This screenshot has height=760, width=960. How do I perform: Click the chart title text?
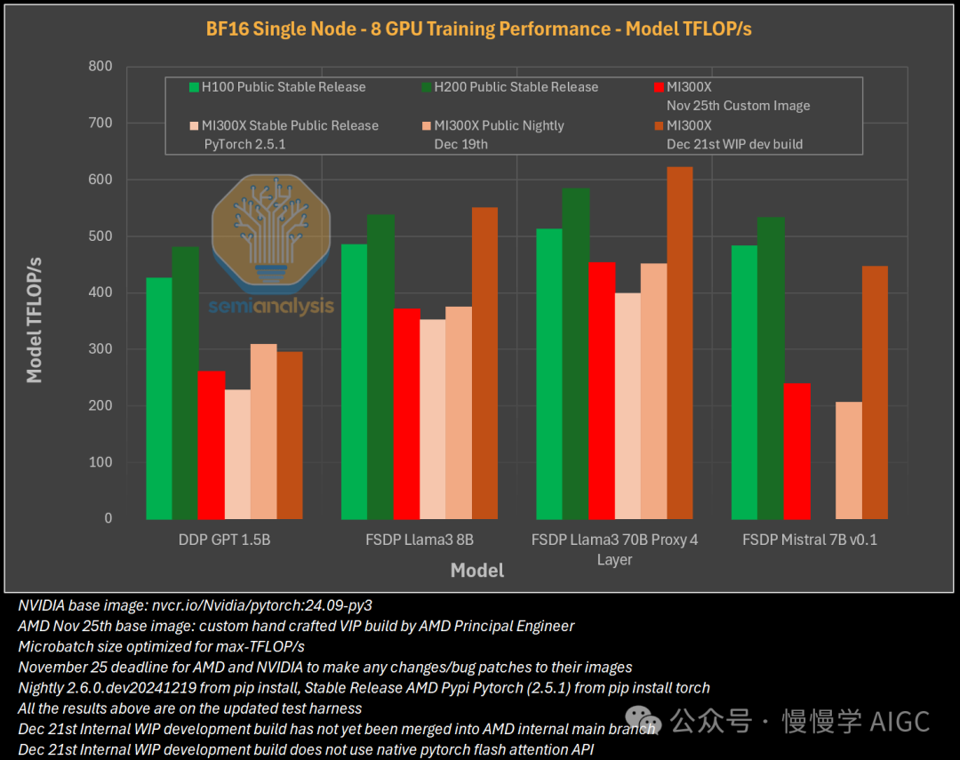point(479,28)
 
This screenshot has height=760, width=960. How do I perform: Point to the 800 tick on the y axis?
point(100,66)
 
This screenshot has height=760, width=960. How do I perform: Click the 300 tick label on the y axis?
point(100,349)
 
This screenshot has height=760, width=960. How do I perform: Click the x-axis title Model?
point(477,571)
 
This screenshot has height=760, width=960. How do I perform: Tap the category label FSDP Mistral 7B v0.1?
point(810,540)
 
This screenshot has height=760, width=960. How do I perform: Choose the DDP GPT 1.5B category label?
point(224,540)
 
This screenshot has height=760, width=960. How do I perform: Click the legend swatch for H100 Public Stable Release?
point(194,87)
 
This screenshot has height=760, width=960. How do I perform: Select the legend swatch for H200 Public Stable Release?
point(427,87)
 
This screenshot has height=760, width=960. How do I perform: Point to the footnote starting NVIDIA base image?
point(195,605)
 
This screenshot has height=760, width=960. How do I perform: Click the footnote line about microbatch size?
point(161,646)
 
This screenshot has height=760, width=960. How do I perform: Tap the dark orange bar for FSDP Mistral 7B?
point(876,392)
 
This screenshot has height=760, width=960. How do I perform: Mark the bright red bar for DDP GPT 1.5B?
point(212,445)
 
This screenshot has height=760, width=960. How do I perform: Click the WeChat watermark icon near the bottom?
point(642,719)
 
